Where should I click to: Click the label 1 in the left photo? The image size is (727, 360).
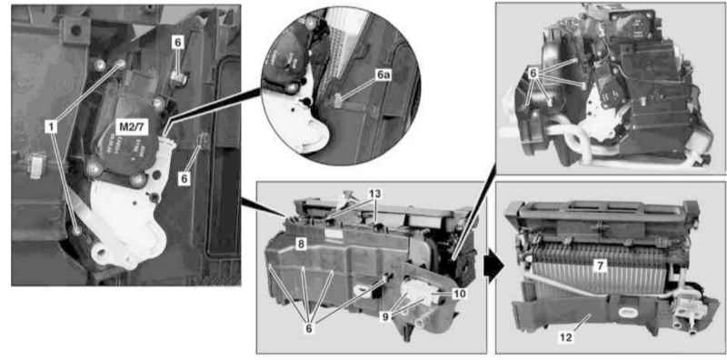pyautogui.click(x=51, y=125)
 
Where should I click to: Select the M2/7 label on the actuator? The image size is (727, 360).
pyautogui.click(x=132, y=127)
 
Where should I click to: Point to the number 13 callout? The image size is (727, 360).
pyautogui.click(x=374, y=193)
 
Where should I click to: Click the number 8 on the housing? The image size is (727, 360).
pyautogui.click(x=301, y=244)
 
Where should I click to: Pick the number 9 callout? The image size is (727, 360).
pyautogui.click(x=386, y=317)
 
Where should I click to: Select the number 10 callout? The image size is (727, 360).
pyautogui.click(x=461, y=294)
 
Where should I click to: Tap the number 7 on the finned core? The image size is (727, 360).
pyautogui.click(x=600, y=265)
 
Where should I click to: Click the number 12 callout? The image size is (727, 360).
pyautogui.click(x=566, y=337)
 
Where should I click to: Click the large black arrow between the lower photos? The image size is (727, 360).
pyautogui.click(x=494, y=267)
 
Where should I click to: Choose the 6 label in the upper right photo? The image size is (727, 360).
pyautogui.click(x=533, y=74)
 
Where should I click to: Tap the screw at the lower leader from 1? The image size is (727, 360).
pyautogui.click(x=76, y=229)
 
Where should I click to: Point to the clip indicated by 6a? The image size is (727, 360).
pyautogui.click(x=337, y=100)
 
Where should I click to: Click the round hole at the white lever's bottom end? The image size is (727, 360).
pyautogui.click(x=100, y=254)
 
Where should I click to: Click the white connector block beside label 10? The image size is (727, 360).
pyautogui.click(x=420, y=295)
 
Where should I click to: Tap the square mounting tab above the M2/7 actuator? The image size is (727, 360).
pyautogui.click(x=75, y=31)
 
